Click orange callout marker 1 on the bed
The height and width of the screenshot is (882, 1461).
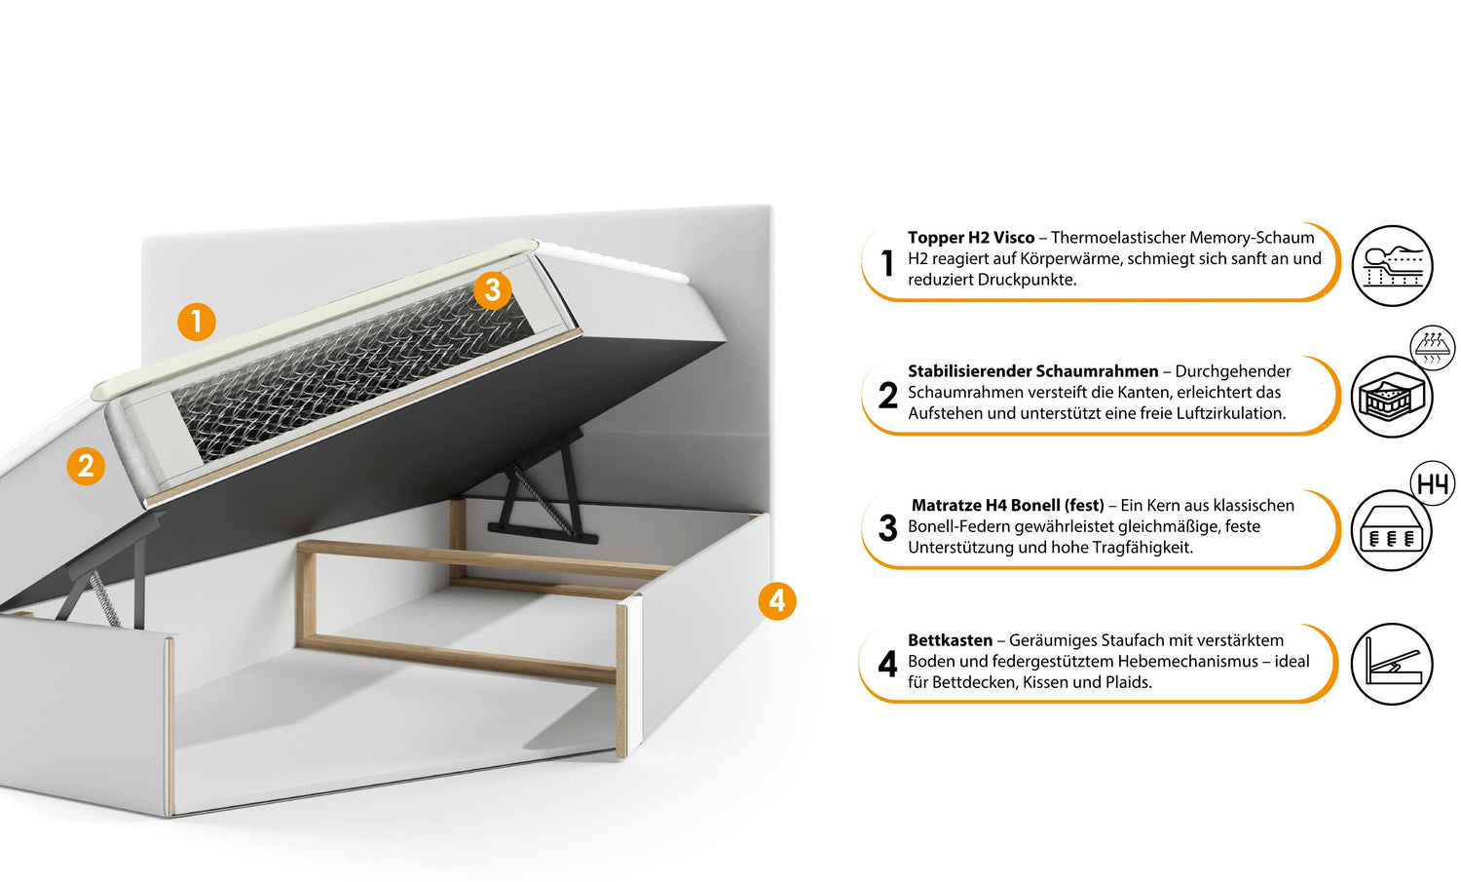(x=197, y=322)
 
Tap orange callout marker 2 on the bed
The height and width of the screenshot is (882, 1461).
(x=86, y=466)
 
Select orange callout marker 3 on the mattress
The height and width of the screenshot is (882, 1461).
(x=493, y=289)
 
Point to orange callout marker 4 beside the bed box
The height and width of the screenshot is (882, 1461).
(x=777, y=600)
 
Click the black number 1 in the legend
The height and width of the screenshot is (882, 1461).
(x=887, y=263)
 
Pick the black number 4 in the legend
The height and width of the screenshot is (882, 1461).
(x=887, y=664)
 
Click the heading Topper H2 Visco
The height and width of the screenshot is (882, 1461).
(x=970, y=238)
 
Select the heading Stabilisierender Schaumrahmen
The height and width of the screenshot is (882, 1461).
(x=1033, y=371)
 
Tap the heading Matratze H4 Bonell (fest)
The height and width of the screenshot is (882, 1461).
(x=1008, y=505)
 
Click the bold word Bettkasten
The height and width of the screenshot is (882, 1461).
(x=950, y=640)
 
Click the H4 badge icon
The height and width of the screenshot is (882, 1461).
(x=1433, y=483)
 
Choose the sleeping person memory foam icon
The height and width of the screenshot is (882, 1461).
(x=1392, y=266)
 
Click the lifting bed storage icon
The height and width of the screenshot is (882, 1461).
(x=1392, y=664)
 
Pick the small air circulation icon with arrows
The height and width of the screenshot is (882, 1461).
(x=1432, y=347)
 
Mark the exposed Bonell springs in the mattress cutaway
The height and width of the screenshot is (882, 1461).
(x=353, y=372)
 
